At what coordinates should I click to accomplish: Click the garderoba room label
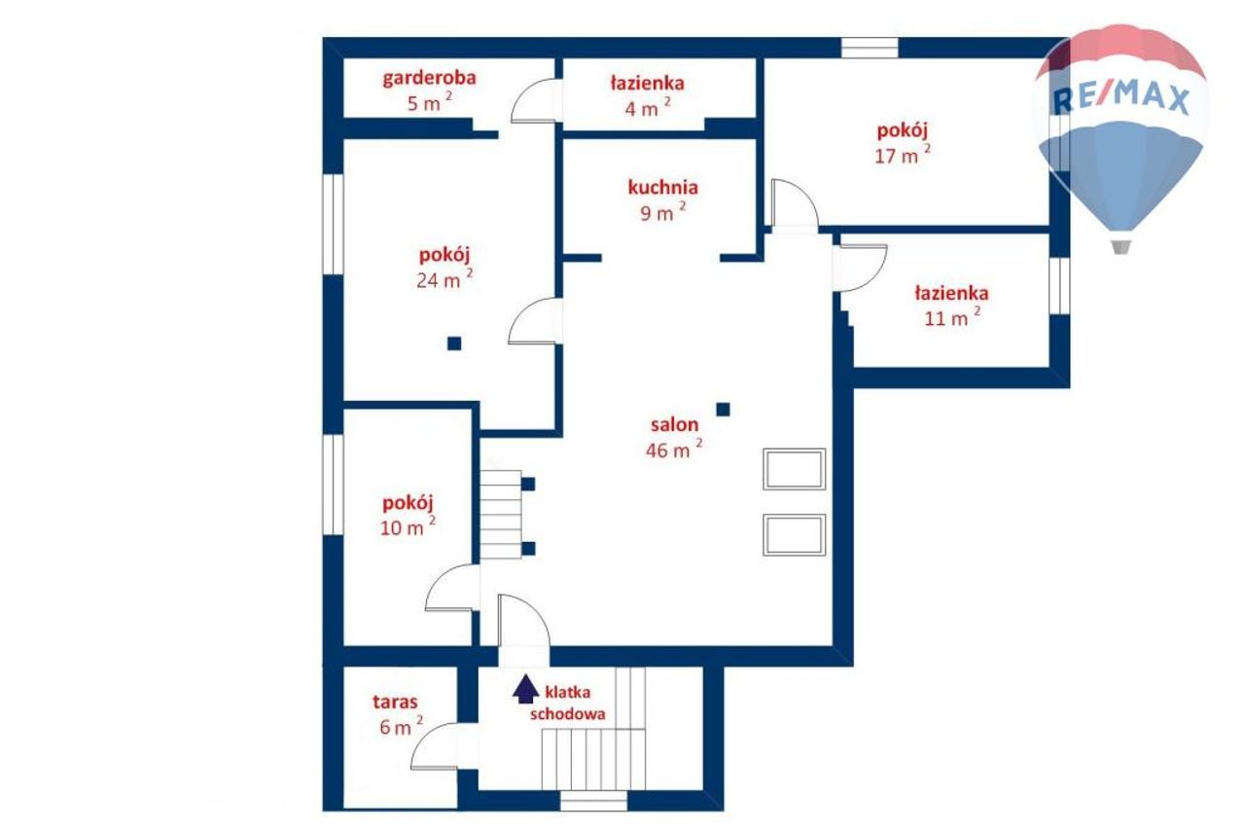coord(429,79)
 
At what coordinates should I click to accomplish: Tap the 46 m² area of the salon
coord(674,449)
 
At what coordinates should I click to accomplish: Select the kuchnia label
coord(662,188)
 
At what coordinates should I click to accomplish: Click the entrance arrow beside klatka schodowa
coord(525,689)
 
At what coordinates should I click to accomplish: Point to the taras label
coord(395,702)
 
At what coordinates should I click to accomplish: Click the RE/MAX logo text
coord(1121,99)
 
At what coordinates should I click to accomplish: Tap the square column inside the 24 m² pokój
coord(454,343)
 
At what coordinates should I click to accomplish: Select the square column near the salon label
coord(723,410)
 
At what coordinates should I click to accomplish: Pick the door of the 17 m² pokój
coord(795,203)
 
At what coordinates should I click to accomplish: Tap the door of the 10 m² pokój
coord(452,588)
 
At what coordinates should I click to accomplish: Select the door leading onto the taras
coord(435,746)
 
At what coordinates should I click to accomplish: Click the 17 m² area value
coord(903,154)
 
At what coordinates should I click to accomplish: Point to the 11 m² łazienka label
coord(951,293)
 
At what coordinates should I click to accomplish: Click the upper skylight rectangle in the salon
coord(794,469)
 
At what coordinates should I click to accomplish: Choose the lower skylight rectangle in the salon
coord(794,535)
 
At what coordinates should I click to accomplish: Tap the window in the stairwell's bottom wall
coord(593,801)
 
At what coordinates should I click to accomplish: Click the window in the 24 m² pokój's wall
coord(333,224)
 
